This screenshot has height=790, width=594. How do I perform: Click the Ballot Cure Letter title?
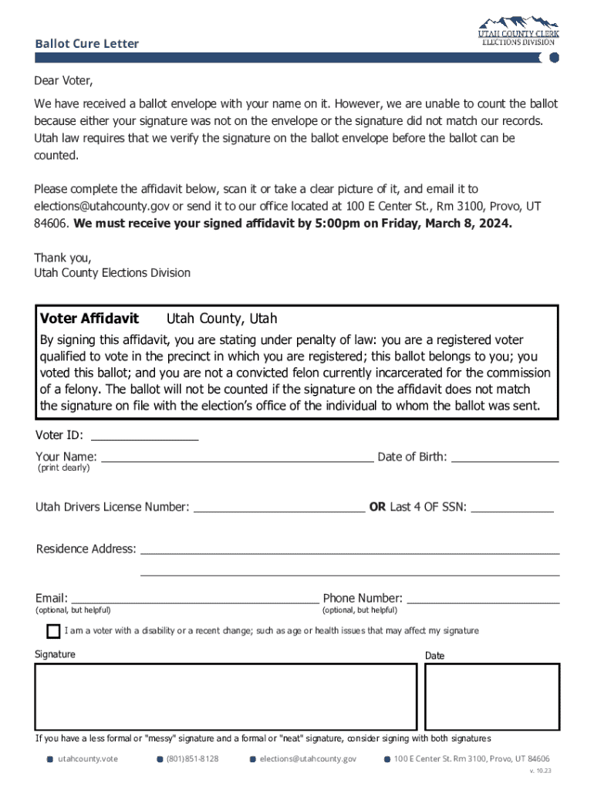86,44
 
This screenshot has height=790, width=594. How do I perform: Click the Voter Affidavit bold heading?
89,319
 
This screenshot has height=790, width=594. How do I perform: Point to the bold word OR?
377,507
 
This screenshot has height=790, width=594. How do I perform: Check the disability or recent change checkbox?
53,632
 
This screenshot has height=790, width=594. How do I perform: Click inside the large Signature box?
225,695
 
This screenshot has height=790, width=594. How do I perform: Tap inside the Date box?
492,695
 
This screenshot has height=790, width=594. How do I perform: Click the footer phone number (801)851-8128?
192,759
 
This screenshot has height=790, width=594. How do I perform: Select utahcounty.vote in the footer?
88,759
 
